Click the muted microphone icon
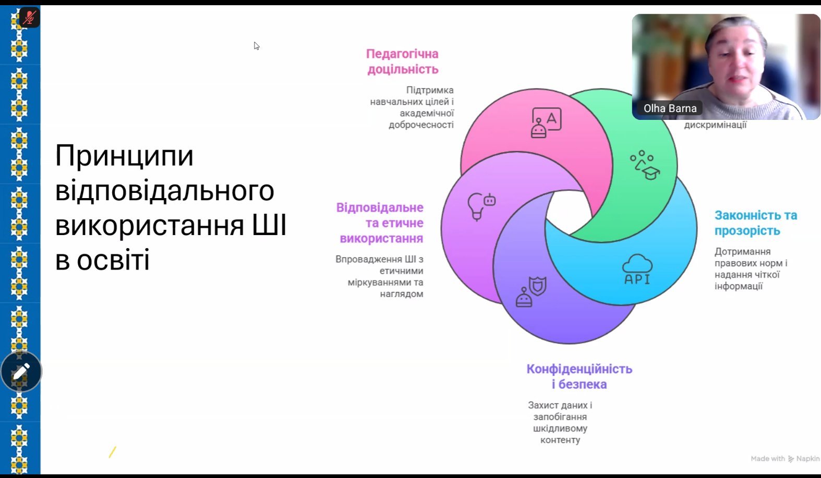point(29,18)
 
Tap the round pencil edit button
point(21,372)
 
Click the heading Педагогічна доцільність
point(402,62)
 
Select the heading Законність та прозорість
point(755,223)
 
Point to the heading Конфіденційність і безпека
point(579,376)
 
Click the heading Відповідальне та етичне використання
point(380,223)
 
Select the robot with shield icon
point(531,292)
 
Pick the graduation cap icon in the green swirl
point(645,165)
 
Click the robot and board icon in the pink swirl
point(546,122)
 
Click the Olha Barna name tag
point(670,108)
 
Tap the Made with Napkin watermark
point(784,459)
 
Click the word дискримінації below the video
point(715,125)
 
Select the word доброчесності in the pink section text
point(421,125)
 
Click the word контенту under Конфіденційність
point(560,440)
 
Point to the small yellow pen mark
point(112,452)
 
